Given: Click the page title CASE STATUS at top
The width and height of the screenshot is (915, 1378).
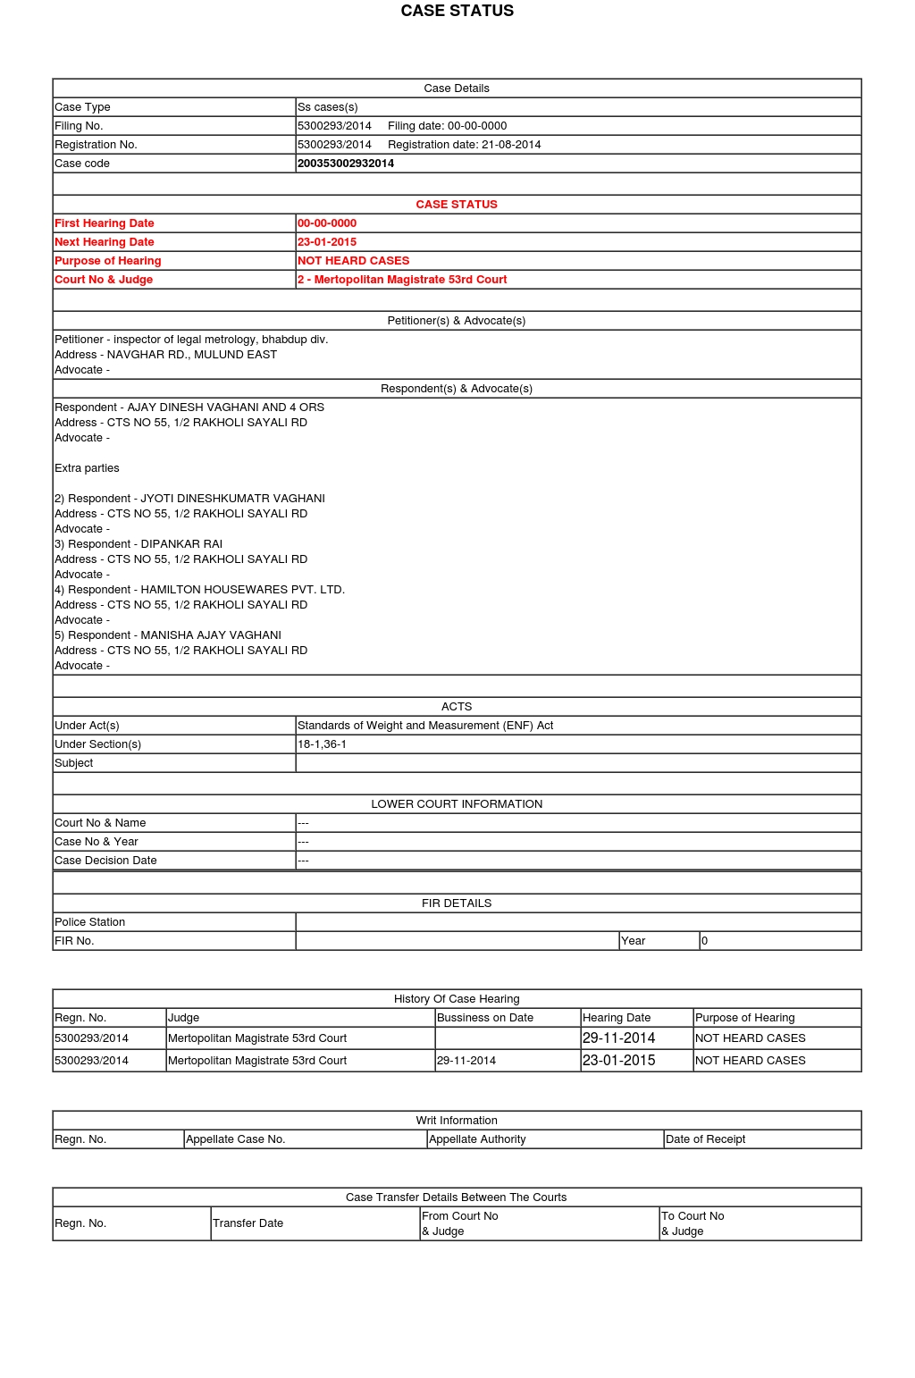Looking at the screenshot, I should coord(457,11).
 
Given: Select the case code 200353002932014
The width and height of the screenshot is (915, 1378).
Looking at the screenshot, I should coord(346,164).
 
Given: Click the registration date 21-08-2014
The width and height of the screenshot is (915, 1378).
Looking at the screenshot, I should coord(511,145).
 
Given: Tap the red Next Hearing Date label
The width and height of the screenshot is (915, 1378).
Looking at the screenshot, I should coord(105,242).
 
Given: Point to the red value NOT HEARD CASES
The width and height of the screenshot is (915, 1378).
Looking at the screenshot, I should coord(353,261).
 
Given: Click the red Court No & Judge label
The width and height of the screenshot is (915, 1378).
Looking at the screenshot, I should coord(104,280).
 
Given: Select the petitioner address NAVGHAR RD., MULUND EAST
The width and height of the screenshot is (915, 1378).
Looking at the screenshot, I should coord(192,355).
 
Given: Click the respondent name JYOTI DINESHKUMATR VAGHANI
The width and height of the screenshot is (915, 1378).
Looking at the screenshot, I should coord(232,499).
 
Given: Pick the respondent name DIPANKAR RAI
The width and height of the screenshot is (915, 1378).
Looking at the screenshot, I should coord(181,544).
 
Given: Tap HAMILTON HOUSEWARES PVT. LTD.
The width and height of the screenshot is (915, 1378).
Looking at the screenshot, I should coord(242,590).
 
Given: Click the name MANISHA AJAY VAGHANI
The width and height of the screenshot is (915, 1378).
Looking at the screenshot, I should coord(211,635).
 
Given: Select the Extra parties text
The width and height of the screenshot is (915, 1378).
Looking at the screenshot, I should coord(87,468).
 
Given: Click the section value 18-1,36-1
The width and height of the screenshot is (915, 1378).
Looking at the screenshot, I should coord(322,744).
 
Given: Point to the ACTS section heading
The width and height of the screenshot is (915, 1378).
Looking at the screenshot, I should coord(457,707).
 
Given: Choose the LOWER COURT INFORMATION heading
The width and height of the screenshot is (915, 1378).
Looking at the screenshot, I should coord(457,804).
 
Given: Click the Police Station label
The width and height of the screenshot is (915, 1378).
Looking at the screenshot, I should coord(89,922).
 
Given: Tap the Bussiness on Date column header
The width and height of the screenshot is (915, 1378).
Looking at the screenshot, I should coord(485,1018).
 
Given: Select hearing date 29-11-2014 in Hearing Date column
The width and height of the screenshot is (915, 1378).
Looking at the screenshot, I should coord(618,1038).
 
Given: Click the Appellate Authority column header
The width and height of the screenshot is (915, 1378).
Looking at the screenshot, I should coord(477,1139).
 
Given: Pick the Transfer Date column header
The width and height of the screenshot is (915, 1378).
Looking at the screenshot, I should coord(248,1223).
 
